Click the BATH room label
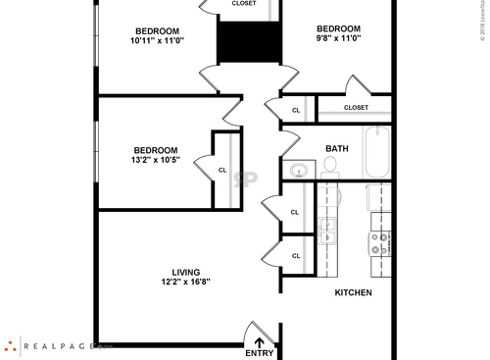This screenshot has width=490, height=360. tap(337, 149)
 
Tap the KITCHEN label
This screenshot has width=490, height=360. tap(354, 292)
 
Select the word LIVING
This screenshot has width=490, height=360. tap(186, 272)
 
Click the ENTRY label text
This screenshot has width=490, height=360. tap(260, 353)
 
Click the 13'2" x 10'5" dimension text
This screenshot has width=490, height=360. tap(155, 160)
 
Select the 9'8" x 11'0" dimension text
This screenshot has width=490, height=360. tap(339, 40)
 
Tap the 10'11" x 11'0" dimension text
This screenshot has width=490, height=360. tap(157, 40)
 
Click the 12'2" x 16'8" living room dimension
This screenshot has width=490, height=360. tap(185, 283)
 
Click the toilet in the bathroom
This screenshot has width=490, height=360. tap(329, 176)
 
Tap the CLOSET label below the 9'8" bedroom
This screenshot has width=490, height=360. tap(356, 108)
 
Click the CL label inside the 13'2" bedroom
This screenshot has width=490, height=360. tap(222, 170)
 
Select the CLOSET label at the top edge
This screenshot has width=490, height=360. tap(244, 3)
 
